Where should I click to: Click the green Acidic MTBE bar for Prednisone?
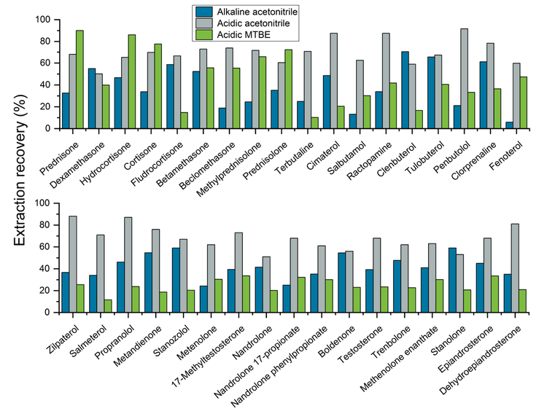tap(79, 79)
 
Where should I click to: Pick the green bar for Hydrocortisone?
tap(132, 82)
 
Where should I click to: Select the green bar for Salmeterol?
tap(108, 305)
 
